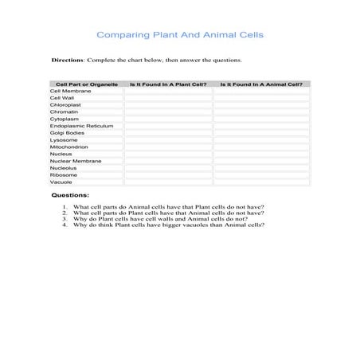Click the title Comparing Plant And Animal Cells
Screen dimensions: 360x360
pyautogui.click(x=180, y=35)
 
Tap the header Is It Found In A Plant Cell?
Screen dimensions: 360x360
pyautogui.click(x=168, y=84)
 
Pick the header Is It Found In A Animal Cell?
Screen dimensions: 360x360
pyautogui.click(x=261, y=84)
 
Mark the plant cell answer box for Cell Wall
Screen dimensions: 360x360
pyautogui.click(x=168, y=98)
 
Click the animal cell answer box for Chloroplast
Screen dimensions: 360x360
pyautogui.click(x=261, y=105)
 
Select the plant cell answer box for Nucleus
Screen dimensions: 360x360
pyautogui.click(x=168, y=155)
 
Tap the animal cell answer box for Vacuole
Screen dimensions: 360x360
pyautogui.click(x=261, y=182)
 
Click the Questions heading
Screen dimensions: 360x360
pyautogui.click(x=70, y=195)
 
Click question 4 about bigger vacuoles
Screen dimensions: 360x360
pyautogui.click(x=168, y=225)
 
